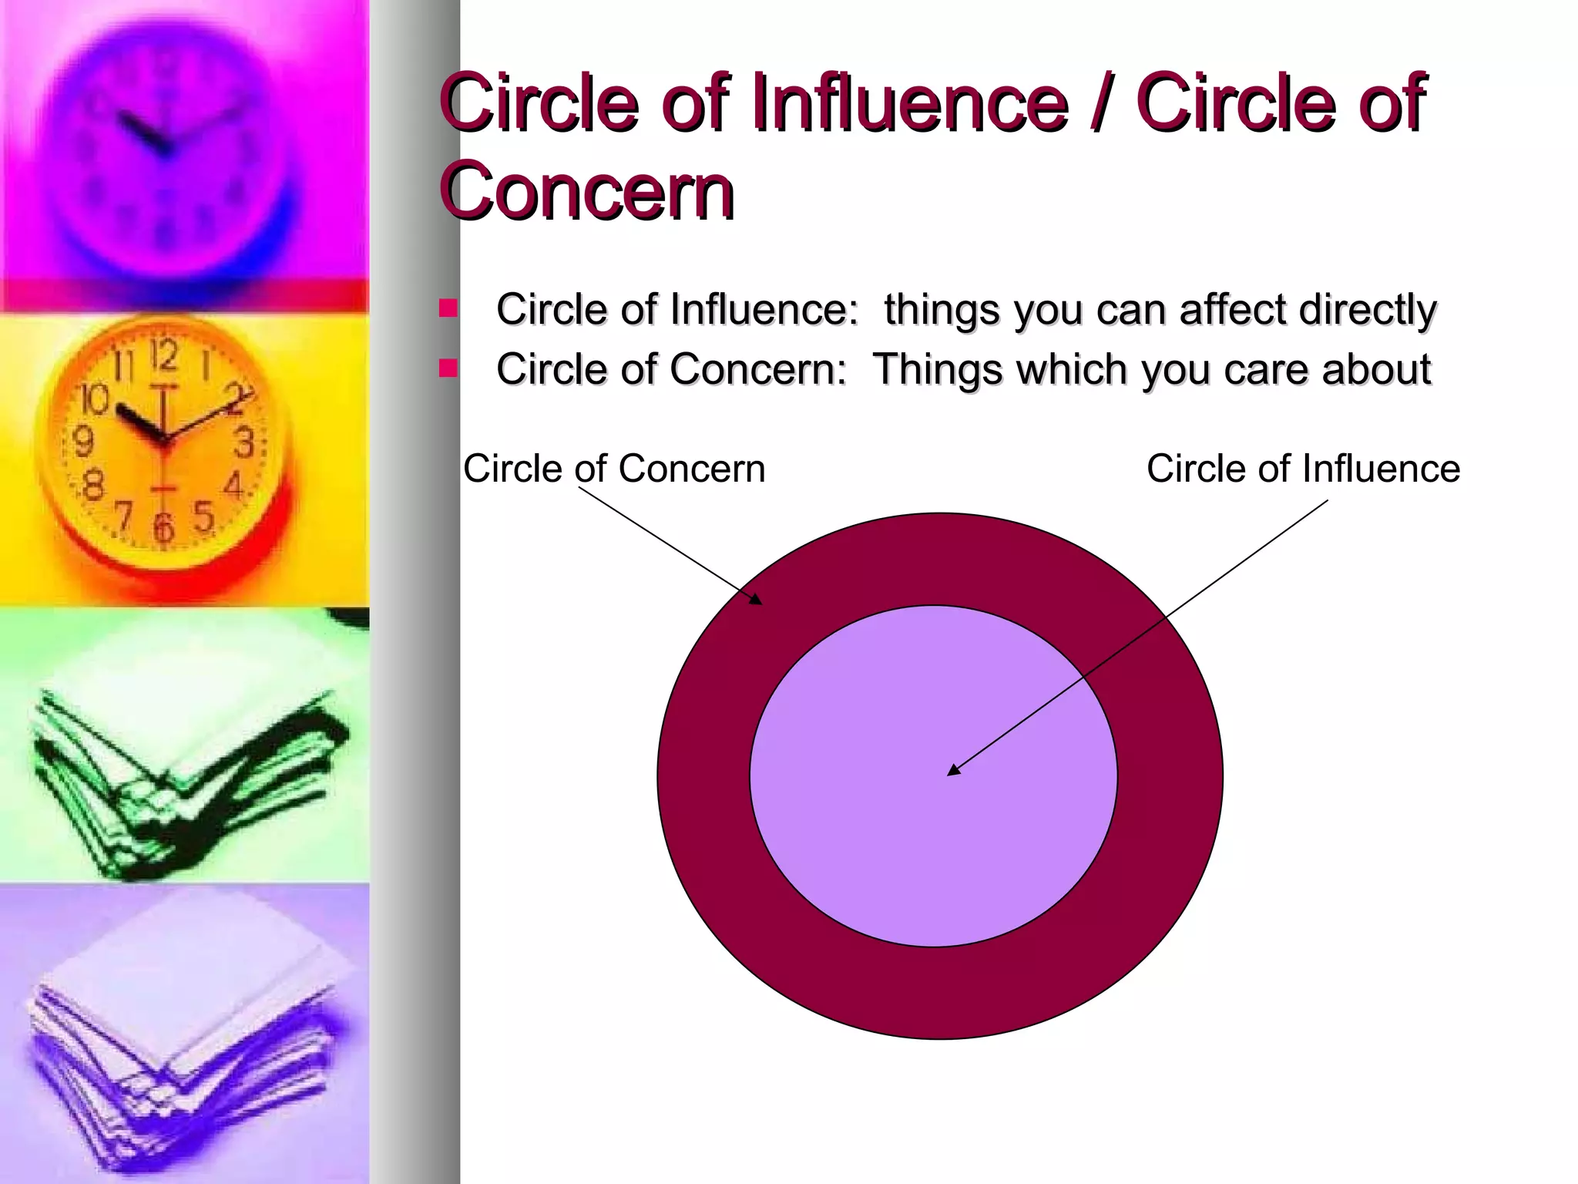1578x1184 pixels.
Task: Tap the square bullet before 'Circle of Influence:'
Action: pyautogui.click(x=448, y=309)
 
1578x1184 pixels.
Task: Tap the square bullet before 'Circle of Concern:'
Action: pyautogui.click(x=448, y=368)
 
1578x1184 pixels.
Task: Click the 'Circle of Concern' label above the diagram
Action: pyautogui.click(x=614, y=469)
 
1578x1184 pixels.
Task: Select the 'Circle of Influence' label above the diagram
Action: pyautogui.click(x=1303, y=469)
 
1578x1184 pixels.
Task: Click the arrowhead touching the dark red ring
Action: pyautogui.click(x=756, y=598)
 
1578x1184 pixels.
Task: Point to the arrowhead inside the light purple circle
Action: pyautogui.click(x=954, y=769)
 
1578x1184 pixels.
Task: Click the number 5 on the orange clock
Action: pyautogui.click(x=203, y=515)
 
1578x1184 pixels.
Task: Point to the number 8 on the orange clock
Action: pyautogui.click(x=93, y=486)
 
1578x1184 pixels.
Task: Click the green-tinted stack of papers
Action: pyautogui.click(x=185, y=779)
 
